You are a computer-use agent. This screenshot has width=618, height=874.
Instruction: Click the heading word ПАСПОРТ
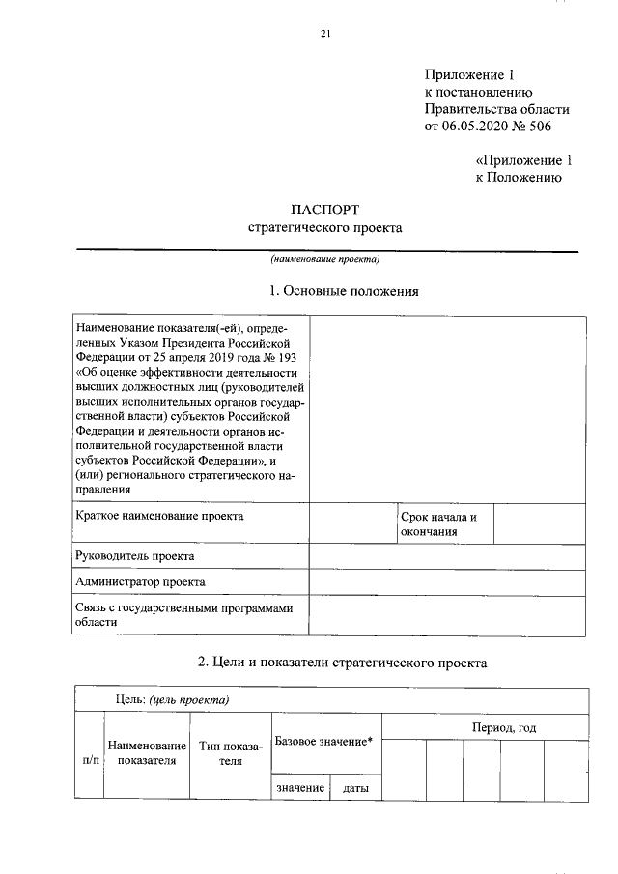click(325, 210)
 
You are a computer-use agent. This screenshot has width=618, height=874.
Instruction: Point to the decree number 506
click(546, 127)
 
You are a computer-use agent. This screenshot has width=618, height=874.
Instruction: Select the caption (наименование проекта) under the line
click(325, 259)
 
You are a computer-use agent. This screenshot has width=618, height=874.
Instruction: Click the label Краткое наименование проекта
click(159, 516)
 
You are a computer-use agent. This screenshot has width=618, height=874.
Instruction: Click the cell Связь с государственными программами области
click(183, 615)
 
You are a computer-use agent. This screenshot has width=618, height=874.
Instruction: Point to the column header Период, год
click(504, 726)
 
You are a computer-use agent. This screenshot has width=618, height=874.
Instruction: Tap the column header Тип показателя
click(230, 753)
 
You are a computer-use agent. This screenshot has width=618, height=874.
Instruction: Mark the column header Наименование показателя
click(147, 753)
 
